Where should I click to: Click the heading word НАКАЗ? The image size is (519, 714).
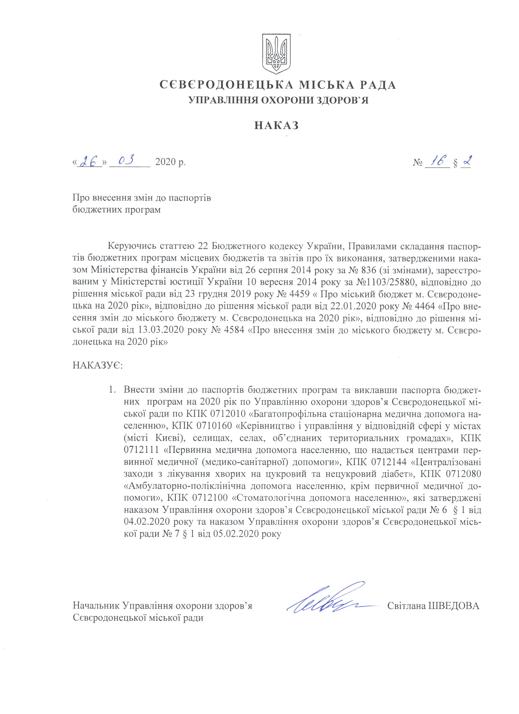click(276, 126)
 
